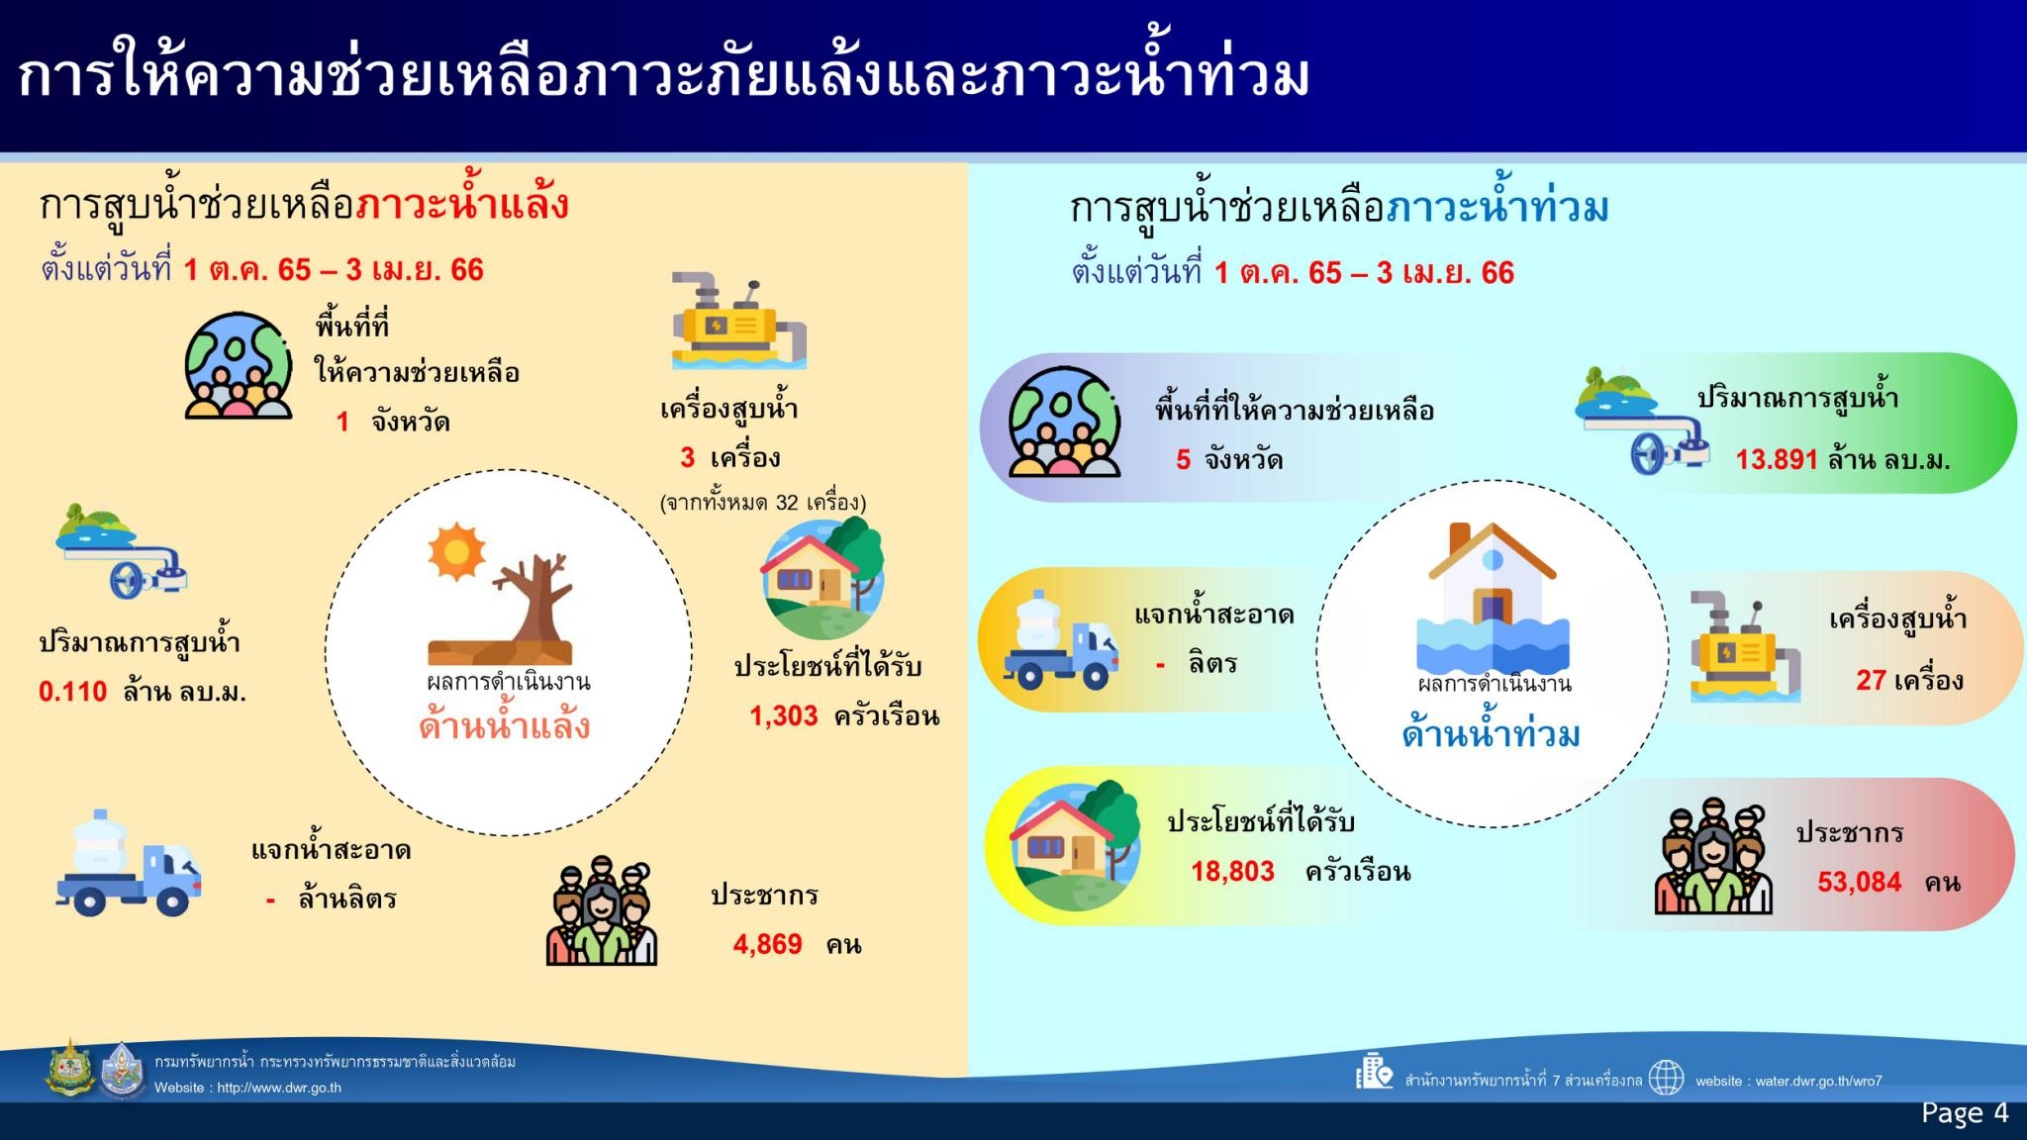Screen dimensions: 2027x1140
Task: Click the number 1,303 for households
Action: point(784,715)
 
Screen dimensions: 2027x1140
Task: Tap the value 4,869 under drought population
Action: point(767,944)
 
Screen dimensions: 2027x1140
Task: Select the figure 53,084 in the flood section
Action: point(1860,882)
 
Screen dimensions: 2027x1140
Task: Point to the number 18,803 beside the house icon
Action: point(1232,871)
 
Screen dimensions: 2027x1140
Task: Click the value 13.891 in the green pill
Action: point(1777,459)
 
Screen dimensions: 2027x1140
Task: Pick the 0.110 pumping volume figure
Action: point(72,691)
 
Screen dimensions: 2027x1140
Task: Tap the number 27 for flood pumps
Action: point(1871,680)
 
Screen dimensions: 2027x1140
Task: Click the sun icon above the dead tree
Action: point(456,551)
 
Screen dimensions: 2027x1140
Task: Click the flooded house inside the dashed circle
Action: point(1493,598)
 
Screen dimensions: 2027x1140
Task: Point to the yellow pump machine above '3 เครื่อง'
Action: point(739,321)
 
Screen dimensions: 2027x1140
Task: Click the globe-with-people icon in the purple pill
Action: point(1064,422)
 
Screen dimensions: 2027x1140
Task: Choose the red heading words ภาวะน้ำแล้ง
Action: point(462,205)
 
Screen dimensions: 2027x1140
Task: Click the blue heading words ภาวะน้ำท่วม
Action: point(1497,208)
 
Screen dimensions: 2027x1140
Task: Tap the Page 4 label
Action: point(1965,1113)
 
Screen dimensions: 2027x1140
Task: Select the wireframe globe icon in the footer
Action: point(1666,1078)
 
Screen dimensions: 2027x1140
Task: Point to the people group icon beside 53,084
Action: point(1713,857)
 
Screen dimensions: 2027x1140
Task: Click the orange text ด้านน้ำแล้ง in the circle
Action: point(505,726)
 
